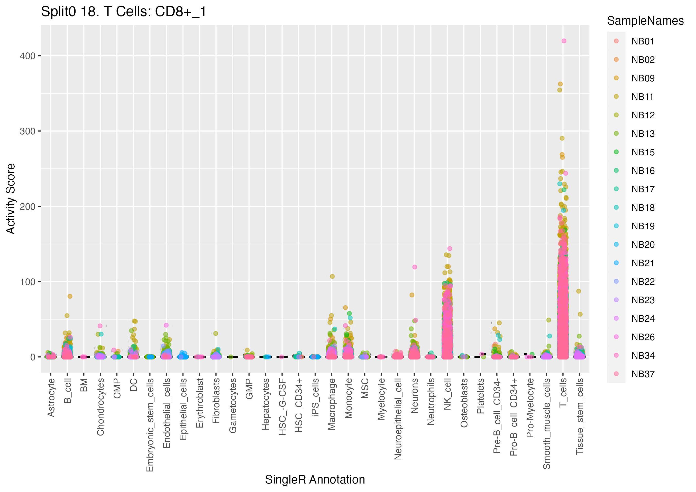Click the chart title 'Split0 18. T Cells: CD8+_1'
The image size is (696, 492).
[123, 12]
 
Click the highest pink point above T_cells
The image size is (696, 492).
[564, 41]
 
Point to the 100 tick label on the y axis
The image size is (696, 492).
[27, 282]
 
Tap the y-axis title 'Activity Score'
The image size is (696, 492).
[11, 199]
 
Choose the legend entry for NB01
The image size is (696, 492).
[643, 41]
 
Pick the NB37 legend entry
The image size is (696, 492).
[643, 374]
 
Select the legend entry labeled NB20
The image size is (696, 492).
[643, 245]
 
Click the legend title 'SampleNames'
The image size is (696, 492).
[645, 21]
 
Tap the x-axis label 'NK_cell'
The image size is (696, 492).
[447, 394]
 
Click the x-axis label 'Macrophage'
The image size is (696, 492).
[332, 404]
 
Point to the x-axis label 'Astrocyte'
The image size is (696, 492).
[51, 398]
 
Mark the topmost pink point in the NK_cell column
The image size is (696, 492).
[450, 248]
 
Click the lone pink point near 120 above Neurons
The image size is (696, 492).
[415, 267]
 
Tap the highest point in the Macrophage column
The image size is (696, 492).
[332, 276]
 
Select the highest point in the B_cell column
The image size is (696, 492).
[70, 296]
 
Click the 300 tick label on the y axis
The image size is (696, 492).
[27, 131]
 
